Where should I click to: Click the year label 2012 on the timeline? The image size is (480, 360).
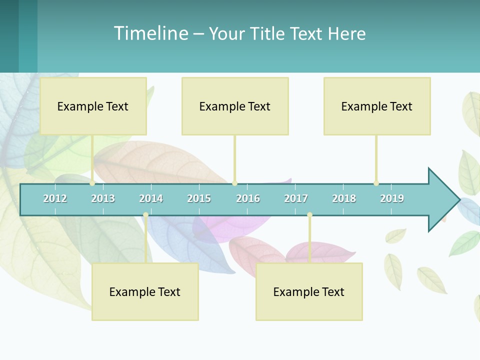pyautogui.click(x=55, y=198)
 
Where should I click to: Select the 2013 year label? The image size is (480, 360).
pyautogui.click(x=103, y=198)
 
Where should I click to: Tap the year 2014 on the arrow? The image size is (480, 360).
pyautogui.click(x=151, y=198)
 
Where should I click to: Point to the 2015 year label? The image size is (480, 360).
pyautogui.click(x=199, y=198)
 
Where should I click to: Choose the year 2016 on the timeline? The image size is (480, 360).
pyautogui.click(x=248, y=198)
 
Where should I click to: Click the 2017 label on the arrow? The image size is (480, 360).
pyautogui.click(x=296, y=198)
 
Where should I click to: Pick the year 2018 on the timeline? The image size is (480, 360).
pyautogui.click(x=344, y=198)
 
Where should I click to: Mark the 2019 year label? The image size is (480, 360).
pyautogui.click(x=392, y=198)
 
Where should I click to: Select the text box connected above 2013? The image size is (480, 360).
pyautogui.click(x=93, y=106)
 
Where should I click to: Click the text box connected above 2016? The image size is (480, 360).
pyautogui.click(x=235, y=106)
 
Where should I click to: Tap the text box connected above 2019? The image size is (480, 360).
pyautogui.click(x=377, y=106)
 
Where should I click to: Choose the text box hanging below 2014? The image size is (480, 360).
pyautogui.click(x=145, y=291)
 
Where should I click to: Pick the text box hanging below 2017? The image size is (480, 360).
pyautogui.click(x=309, y=291)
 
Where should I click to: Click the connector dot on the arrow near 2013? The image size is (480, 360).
pyautogui.click(x=92, y=183)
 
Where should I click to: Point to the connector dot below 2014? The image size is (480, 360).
pyautogui.click(x=145, y=215)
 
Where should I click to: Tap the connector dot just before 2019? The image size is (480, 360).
pyautogui.click(x=376, y=183)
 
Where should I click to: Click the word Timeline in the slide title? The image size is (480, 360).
pyautogui.click(x=150, y=33)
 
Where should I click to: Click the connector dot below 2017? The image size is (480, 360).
pyautogui.click(x=309, y=215)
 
